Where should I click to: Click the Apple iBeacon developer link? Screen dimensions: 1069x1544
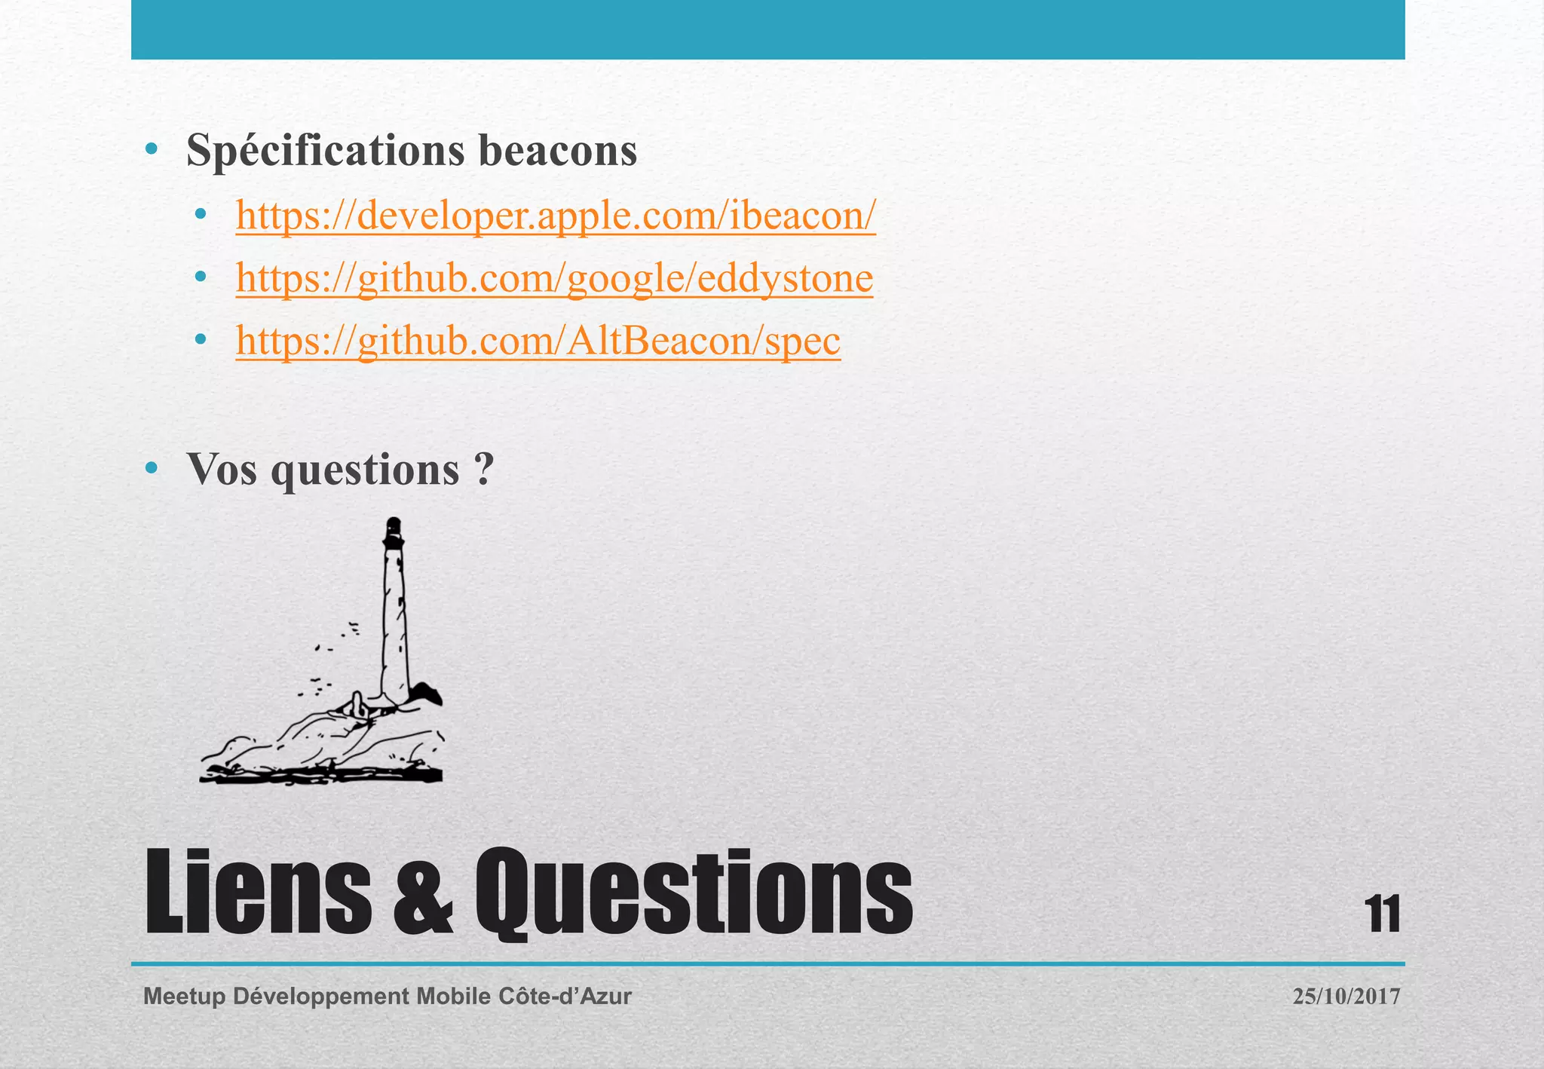click(556, 216)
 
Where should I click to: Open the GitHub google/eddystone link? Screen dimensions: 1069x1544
click(554, 278)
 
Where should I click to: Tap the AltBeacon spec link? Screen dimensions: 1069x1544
click(538, 341)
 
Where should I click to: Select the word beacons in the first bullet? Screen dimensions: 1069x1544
click(558, 151)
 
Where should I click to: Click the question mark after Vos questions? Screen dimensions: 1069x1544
click(485, 469)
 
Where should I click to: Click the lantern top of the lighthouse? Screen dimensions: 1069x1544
click(393, 532)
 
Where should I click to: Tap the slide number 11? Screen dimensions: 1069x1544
click(1383, 914)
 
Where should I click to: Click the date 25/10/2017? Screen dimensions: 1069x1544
click(1346, 997)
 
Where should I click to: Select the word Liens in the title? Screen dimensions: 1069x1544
click(257, 893)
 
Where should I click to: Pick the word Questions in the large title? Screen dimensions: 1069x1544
click(694, 893)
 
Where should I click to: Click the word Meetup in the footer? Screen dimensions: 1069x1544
click(184, 997)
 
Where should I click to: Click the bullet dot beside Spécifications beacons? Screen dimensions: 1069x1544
click(152, 150)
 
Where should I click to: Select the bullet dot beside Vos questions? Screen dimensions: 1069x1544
click(152, 468)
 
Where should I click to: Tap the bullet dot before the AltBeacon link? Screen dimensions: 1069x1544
click(200, 341)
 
